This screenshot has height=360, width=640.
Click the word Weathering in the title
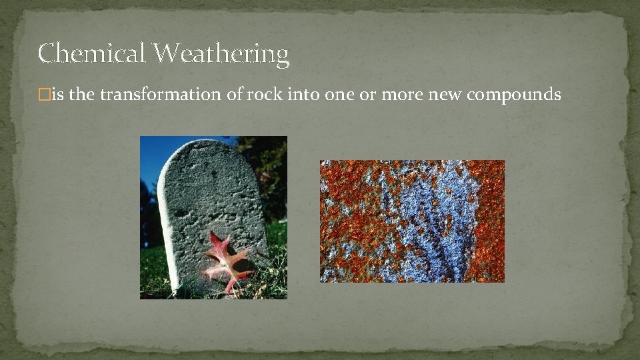click(221, 54)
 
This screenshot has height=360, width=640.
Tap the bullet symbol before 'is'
click(44, 95)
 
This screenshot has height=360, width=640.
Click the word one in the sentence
click(340, 95)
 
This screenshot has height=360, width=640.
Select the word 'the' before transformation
click(82, 95)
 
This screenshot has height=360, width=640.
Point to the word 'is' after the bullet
click(57, 95)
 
